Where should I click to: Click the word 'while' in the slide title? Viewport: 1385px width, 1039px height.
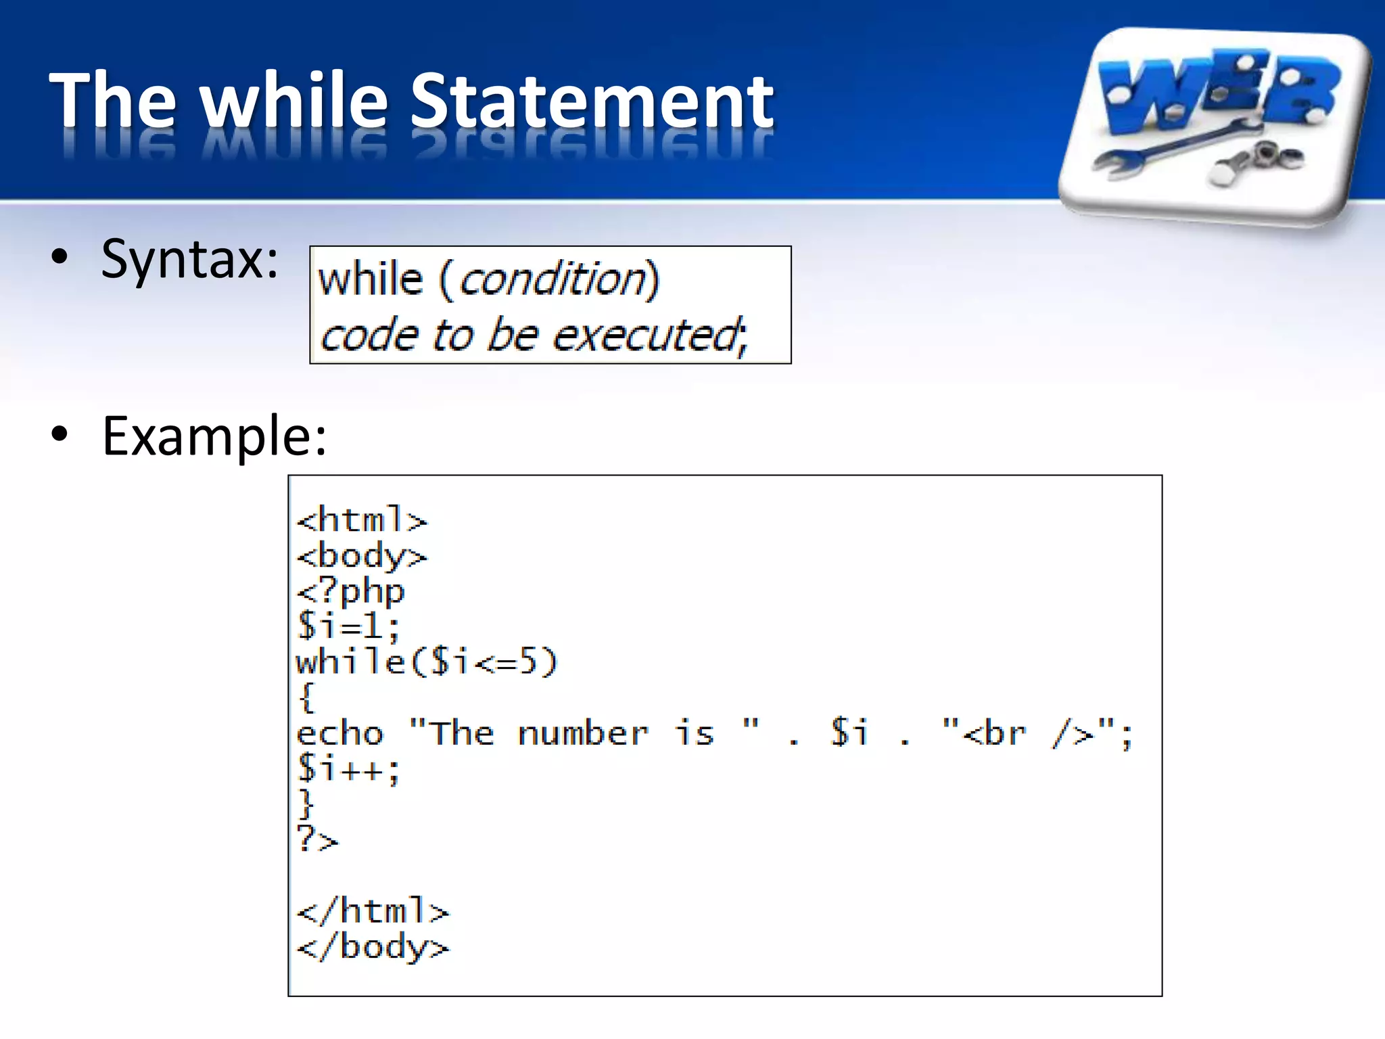pos(295,101)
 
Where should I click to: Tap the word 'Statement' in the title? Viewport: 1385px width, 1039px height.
pos(591,101)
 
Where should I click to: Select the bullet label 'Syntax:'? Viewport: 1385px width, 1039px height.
pos(189,259)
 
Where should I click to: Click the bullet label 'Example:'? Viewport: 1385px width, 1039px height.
pos(214,436)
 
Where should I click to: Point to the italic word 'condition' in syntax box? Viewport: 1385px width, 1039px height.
pos(553,279)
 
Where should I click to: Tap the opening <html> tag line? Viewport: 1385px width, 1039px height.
pos(362,520)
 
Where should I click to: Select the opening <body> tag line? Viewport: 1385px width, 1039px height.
pos(362,556)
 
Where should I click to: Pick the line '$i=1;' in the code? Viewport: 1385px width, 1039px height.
pos(348,626)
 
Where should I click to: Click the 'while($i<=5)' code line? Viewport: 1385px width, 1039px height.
pos(426,662)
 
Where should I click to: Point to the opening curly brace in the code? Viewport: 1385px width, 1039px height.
pos(306,697)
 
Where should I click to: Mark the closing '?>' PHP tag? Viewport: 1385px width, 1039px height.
pos(317,840)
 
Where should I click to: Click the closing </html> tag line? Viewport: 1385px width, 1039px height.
pos(373,911)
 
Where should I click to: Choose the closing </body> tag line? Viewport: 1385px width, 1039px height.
pos(373,947)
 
